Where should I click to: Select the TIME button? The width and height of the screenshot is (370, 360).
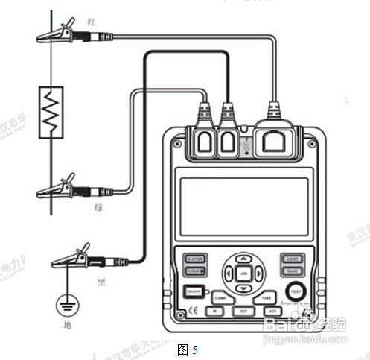click(x=267, y=297)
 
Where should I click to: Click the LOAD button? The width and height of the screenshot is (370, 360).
click(x=291, y=259)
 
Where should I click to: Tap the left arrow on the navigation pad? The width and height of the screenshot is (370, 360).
click(x=229, y=274)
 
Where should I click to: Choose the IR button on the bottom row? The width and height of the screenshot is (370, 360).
click(x=214, y=309)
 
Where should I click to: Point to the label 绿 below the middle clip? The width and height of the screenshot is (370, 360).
click(x=98, y=209)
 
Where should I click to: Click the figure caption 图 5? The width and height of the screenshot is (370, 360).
click(x=187, y=348)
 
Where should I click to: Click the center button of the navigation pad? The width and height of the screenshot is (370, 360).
click(x=243, y=274)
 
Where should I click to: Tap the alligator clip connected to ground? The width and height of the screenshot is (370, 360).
click(x=74, y=259)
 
